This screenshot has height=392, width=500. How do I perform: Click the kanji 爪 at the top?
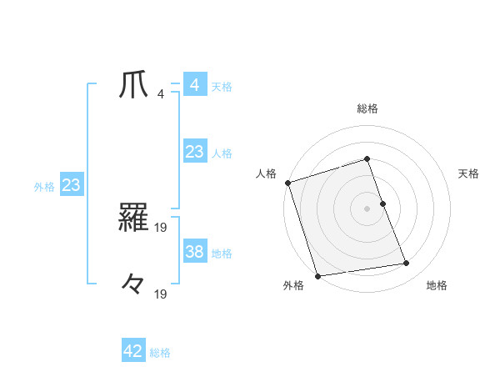tap(133, 86)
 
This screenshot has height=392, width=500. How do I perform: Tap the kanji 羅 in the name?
tap(133, 219)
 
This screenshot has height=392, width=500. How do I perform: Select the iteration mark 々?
tap(133, 284)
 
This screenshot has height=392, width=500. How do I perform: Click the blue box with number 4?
tap(194, 85)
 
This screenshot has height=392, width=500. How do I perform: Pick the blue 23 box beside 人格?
tap(194, 152)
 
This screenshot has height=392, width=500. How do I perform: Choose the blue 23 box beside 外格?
tap(71, 185)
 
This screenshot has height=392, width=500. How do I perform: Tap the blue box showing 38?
tap(194, 252)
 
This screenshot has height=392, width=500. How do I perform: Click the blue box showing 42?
tap(133, 351)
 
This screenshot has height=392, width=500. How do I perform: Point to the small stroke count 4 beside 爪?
tap(161, 93)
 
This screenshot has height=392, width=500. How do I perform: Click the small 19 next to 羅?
tap(162, 226)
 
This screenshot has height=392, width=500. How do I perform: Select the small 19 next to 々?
tap(162, 293)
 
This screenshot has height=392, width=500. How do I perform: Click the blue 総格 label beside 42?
tap(160, 353)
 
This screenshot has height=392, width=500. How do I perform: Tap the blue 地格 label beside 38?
tap(222, 253)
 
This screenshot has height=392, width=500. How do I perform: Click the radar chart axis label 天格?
tap(468, 173)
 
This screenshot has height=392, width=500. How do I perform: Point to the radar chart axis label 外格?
tap(293, 285)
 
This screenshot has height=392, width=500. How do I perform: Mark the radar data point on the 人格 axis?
tap(287, 183)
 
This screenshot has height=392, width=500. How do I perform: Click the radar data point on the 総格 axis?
tap(367, 159)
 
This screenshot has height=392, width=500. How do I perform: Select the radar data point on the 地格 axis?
tap(406, 264)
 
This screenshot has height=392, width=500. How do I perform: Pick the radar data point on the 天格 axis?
tap(382, 204)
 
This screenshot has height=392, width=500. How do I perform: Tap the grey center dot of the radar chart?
tap(367, 209)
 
